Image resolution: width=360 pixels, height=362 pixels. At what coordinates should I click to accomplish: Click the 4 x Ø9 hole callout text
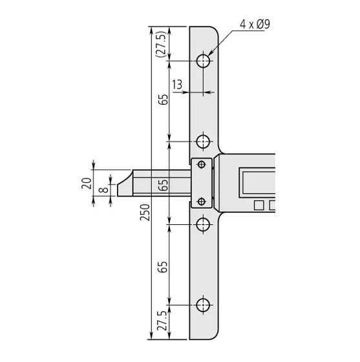click(x=255, y=25)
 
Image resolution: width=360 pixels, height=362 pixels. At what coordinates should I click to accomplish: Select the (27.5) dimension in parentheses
click(x=161, y=44)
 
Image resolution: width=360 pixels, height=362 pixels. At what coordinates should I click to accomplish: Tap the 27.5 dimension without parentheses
click(x=161, y=322)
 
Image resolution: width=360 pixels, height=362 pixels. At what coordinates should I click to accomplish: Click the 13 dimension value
click(x=176, y=84)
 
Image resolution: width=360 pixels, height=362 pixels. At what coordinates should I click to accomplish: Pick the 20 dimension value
click(x=85, y=184)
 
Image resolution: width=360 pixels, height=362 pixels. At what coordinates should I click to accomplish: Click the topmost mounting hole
click(x=204, y=61)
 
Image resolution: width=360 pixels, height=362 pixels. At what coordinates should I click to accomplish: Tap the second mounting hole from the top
click(x=204, y=141)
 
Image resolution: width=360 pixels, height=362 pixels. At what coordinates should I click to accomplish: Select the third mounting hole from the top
click(x=204, y=225)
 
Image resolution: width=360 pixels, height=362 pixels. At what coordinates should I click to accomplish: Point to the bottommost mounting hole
click(x=204, y=304)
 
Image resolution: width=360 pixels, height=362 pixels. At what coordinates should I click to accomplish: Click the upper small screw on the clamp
click(x=202, y=165)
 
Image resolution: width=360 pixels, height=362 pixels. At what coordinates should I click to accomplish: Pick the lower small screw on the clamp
click(x=202, y=202)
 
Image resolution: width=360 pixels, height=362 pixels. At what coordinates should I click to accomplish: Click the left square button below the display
click(x=259, y=206)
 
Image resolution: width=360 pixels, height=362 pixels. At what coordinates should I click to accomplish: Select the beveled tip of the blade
click(x=122, y=184)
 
